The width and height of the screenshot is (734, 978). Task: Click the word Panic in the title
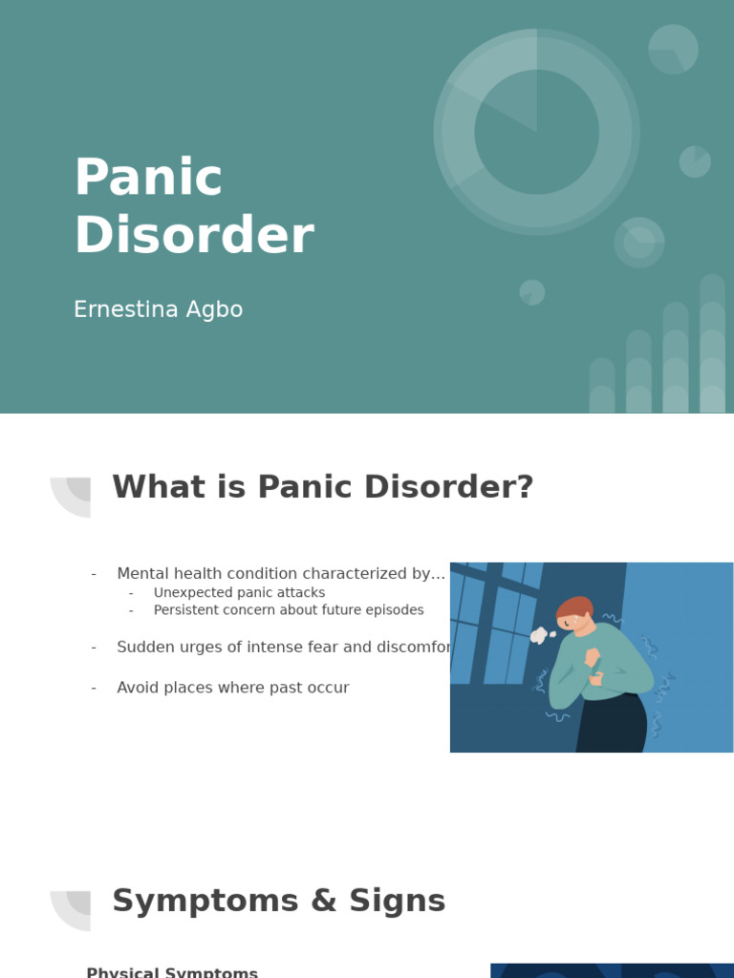click(x=148, y=179)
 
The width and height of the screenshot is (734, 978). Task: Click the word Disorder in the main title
click(x=194, y=236)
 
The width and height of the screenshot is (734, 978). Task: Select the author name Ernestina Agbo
click(x=158, y=310)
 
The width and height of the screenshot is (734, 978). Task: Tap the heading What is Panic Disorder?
click(x=322, y=487)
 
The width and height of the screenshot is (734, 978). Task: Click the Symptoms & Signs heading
click(x=278, y=901)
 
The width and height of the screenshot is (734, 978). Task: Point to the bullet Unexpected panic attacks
click(x=239, y=593)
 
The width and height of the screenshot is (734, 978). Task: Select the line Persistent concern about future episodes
click(x=288, y=610)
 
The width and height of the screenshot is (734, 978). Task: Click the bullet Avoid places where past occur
click(x=232, y=688)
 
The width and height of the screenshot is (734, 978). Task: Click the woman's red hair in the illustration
click(x=575, y=608)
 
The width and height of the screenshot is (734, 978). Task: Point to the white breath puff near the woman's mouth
click(x=540, y=635)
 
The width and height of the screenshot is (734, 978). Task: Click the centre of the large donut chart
click(x=536, y=132)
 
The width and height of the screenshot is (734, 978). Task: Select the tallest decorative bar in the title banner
click(x=712, y=344)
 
